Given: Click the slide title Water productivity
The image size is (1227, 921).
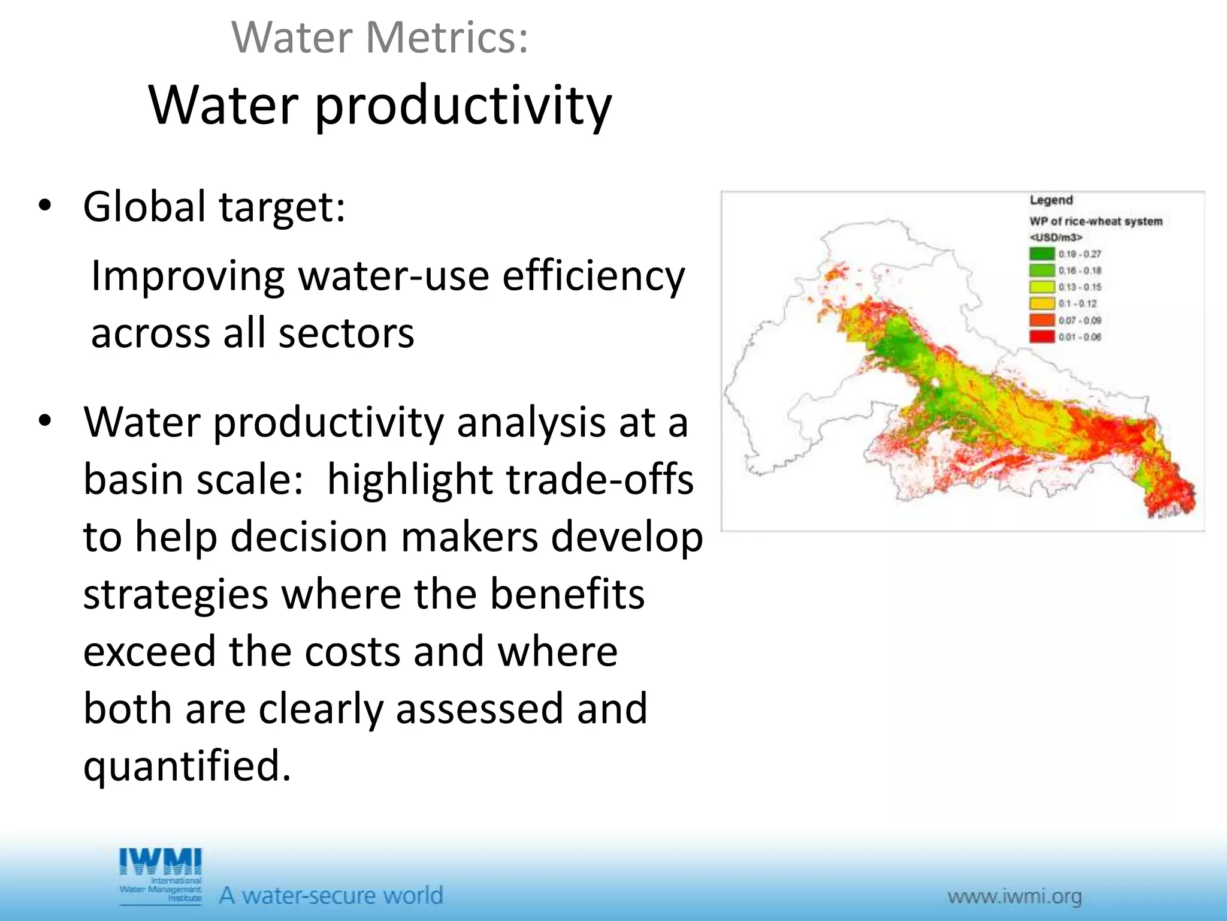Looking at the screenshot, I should tap(380, 106).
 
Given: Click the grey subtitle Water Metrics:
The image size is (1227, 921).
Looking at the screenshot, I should tap(380, 37).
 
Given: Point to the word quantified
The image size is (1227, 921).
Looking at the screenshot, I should tap(187, 766).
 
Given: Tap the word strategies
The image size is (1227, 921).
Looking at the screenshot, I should tap(176, 594).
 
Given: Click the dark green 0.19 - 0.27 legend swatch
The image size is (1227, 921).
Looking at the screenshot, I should tap(1041, 254).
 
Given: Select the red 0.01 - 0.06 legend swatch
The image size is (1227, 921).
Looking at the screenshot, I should tap(1041, 336).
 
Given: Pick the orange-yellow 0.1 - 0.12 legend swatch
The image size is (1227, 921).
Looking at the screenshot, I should tap(1041, 303).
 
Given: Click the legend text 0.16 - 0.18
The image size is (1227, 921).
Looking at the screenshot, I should tap(1080, 270).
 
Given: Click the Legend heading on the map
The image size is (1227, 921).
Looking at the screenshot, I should tap(1051, 200).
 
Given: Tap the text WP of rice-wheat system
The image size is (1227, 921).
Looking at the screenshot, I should tap(1096, 221).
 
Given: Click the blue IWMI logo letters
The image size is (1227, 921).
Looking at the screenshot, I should tap(161, 862).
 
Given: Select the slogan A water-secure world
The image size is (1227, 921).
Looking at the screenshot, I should tap(331, 895).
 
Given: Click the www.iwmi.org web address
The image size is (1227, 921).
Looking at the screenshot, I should tap(1014, 897).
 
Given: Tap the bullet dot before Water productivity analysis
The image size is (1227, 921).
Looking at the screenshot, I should tap(45, 422).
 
